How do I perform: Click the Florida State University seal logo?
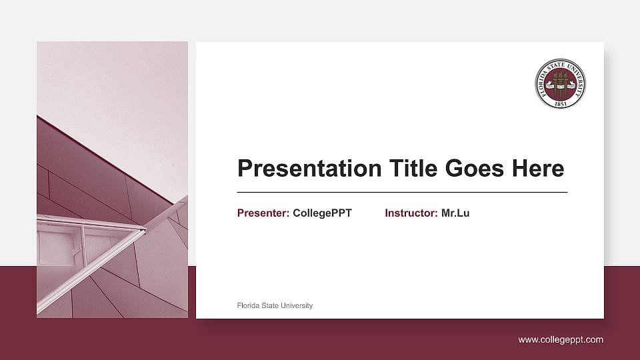point(561,83)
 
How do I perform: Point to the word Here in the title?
point(537,169)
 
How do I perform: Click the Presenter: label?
point(263,213)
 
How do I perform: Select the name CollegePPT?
point(322,213)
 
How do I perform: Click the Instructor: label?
point(411,213)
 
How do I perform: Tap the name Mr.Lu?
point(455,213)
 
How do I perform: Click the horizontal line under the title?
point(402,192)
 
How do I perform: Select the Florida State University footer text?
point(275,305)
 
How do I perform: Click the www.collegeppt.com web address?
point(561,340)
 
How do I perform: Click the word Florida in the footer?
point(248,305)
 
